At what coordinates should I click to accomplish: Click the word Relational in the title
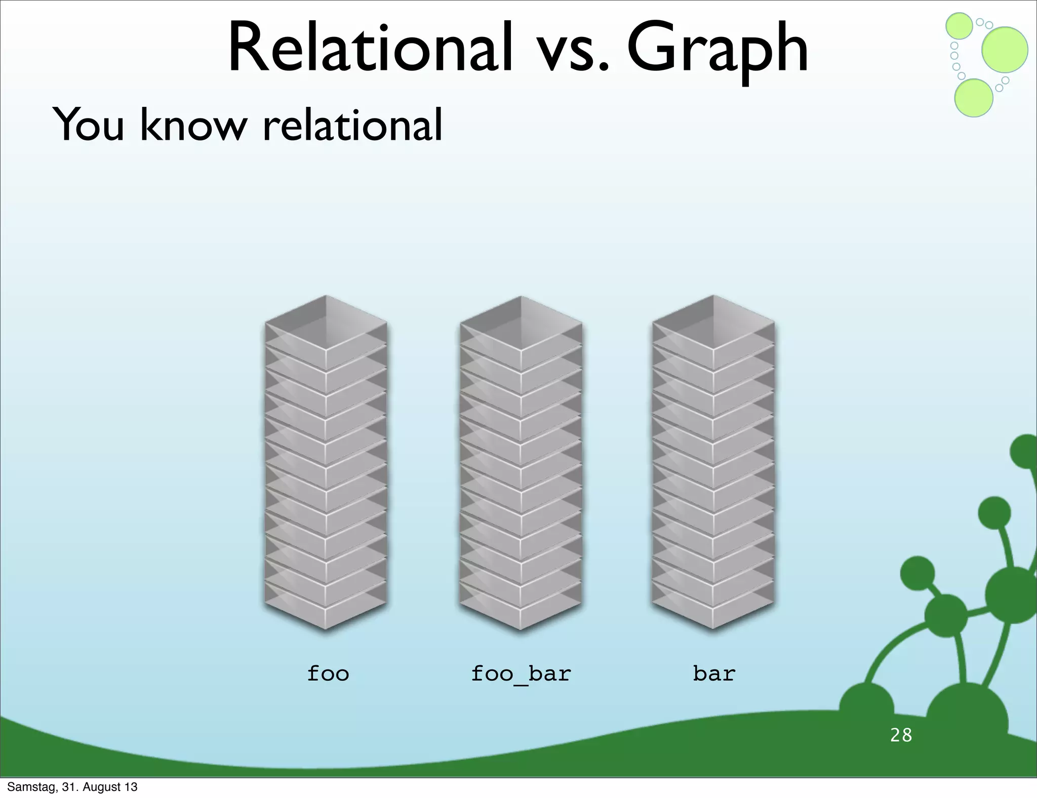pyautogui.click(x=370, y=48)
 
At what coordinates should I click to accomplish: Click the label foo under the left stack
pyautogui.click(x=328, y=673)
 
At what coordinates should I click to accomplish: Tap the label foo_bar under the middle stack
pyautogui.click(x=521, y=673)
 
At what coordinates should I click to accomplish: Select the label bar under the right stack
pyautogui.click(x=713, y=673)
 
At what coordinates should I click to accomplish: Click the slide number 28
pyautogui.click(x=901, y=735)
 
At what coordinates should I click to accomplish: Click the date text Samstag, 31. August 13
pyautogui.click(x=72, y=787)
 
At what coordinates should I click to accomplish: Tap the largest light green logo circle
pyautogui.click(x=1005, y=50)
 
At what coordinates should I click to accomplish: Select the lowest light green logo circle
pyautogui.click(x=973, y=98)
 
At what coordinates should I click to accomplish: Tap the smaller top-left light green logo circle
pyautogui.click(x=959, y=25)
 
